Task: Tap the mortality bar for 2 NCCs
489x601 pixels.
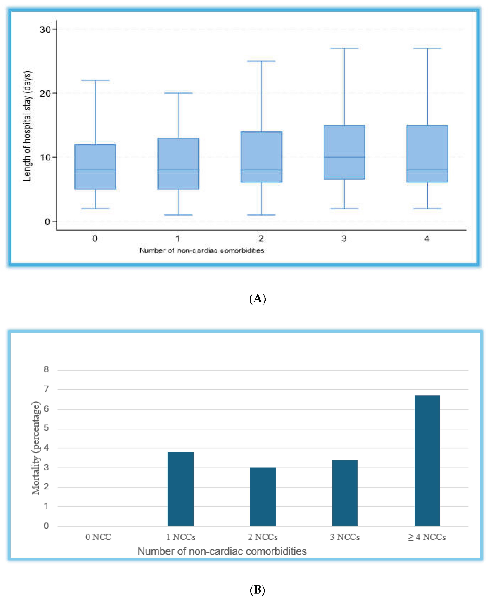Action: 263,497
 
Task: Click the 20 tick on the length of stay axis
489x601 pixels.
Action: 45,93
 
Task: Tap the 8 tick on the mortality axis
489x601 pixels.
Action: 46,370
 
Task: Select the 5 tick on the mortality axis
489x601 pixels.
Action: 46,428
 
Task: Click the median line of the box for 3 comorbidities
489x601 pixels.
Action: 344,157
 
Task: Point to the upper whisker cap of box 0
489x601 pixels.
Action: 95,80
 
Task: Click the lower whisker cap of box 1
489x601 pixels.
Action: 178,215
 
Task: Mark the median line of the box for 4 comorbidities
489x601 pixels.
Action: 427,170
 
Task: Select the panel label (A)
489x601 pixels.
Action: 258,298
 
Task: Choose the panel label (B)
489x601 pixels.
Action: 258,590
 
